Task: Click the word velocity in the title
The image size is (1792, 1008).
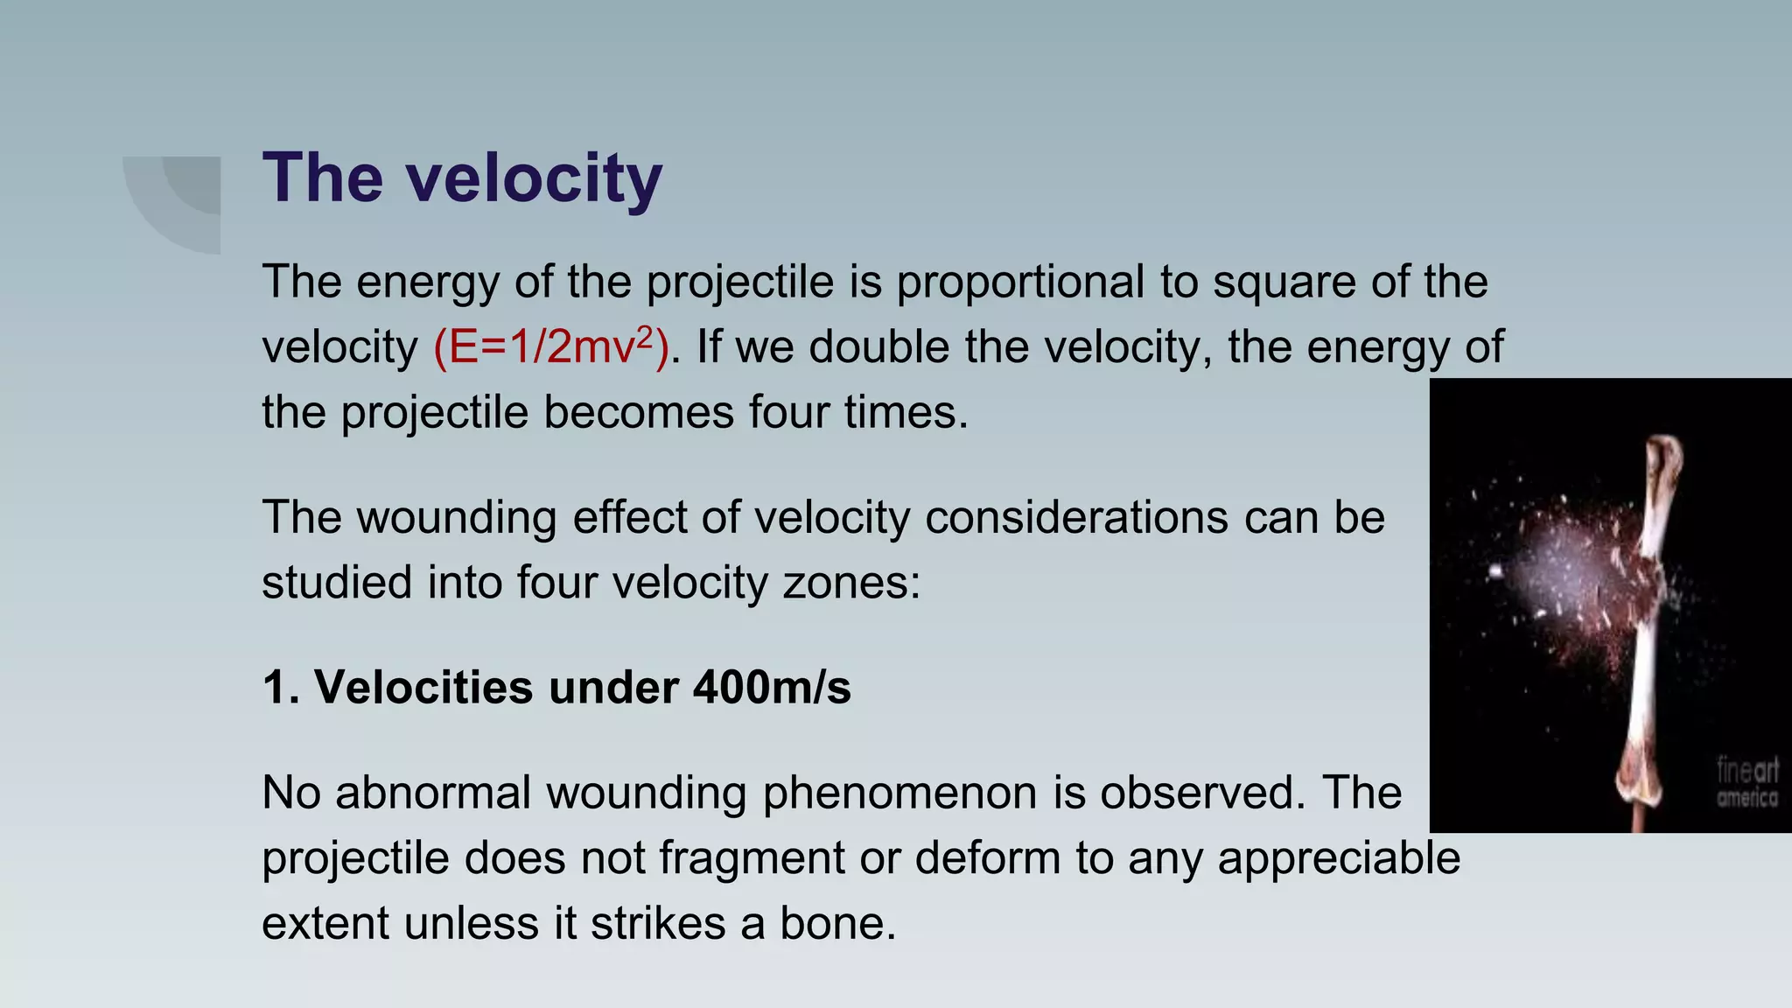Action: pyautogui.click(x=534, y=178)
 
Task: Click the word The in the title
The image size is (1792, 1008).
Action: pyautogui.click(x=322, y=178)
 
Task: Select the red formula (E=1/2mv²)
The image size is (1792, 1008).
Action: pyautogui.click(x=551, y=347)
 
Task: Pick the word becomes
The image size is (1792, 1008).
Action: pyautogui.click(x=639, y=412)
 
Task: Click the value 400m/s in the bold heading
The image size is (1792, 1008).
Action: pyautogui.click(x=772, y=687)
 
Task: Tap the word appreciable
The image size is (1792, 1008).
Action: pyautogui.click(x=1339, y=858)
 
